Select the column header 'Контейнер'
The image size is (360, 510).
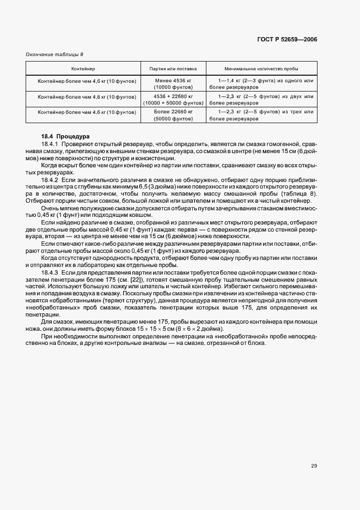pyautogui.click(x=83, y=69)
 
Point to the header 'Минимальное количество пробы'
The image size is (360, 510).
pyautogui.click(x=261, y=69)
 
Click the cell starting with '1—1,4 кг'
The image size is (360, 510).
pyautogui.click(x=261, y=83)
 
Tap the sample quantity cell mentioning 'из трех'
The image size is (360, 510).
pyautogui.click(x=261, y=114)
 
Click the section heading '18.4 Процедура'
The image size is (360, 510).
pyautogui.click(x=65, y=136)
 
